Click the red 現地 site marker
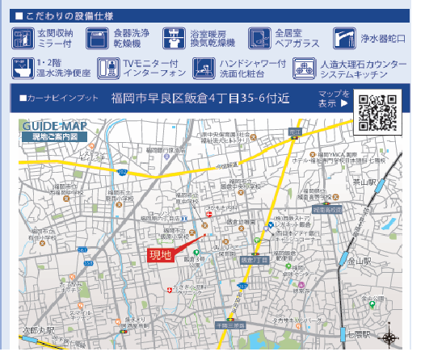(x=161, y=255)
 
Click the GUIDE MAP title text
(x=54, y=127)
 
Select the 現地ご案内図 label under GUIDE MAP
(x=55, y=137)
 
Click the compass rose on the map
(x=390, y=339)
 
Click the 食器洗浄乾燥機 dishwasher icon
(x=98, y=38)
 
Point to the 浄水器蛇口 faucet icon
(x=344, y=38)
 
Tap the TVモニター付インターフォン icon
(x=107, y=69)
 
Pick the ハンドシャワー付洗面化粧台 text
(x=252, y=69)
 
